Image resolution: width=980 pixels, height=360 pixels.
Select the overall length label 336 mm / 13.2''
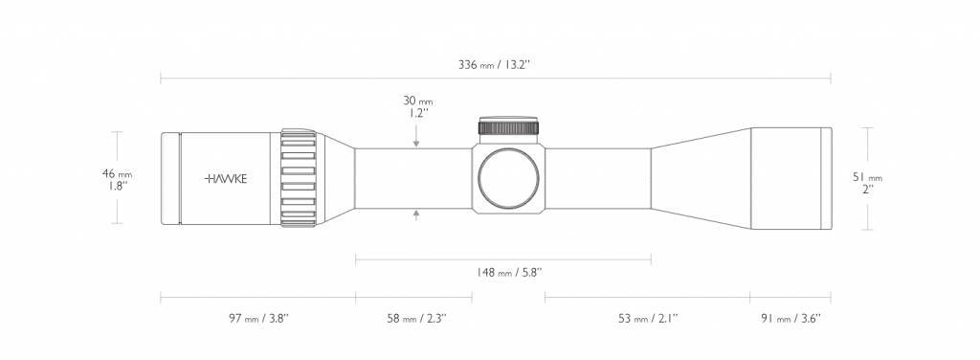(495, 65)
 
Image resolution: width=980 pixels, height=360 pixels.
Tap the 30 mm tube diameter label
(418, 101)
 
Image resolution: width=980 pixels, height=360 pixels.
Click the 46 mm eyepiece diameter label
(119, 178)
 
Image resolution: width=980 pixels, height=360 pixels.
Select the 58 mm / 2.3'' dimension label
(410, 316)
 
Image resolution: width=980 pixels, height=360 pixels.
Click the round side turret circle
(509, 178)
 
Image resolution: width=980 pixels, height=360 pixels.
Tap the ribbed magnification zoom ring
(299, 178)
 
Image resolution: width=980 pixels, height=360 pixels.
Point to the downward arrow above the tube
(416, 142)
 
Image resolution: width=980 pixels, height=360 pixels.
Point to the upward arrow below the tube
(416, 214)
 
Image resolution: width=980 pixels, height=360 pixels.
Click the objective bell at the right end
(790, 178)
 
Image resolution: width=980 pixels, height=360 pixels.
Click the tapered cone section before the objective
(699, 178)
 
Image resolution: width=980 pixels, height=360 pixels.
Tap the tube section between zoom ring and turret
(412, 178)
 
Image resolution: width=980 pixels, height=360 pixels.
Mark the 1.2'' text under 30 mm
(418, 113)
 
